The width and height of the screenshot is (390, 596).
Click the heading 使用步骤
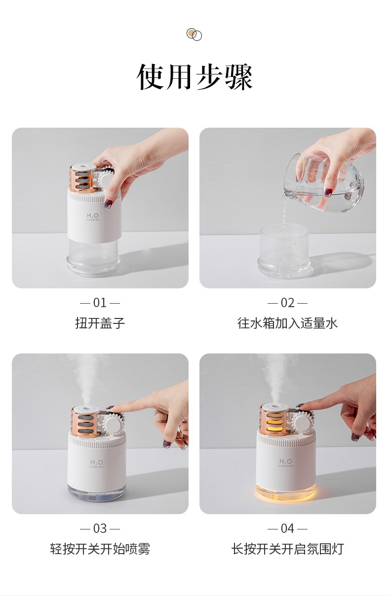[194, 76]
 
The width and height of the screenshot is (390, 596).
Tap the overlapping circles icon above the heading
[194, 35]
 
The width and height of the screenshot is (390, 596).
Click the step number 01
[100, 303]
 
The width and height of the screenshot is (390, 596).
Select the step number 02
[287, 303]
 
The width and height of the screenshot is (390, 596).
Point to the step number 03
[100, 528]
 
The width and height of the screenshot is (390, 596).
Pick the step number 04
[287, 528]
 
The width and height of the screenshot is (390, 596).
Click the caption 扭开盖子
[100, 323]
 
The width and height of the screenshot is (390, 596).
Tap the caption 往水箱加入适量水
[287, 323]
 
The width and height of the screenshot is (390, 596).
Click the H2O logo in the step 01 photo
[92, 216]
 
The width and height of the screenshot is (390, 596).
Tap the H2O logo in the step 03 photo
[96, 462]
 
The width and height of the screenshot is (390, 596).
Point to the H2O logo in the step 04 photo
[285, 461]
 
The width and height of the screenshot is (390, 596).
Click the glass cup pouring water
[324, 182]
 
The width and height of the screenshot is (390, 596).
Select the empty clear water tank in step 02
[285, 250]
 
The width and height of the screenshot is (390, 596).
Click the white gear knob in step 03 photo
[114, 424]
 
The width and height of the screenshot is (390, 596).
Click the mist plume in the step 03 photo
[86, 381]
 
